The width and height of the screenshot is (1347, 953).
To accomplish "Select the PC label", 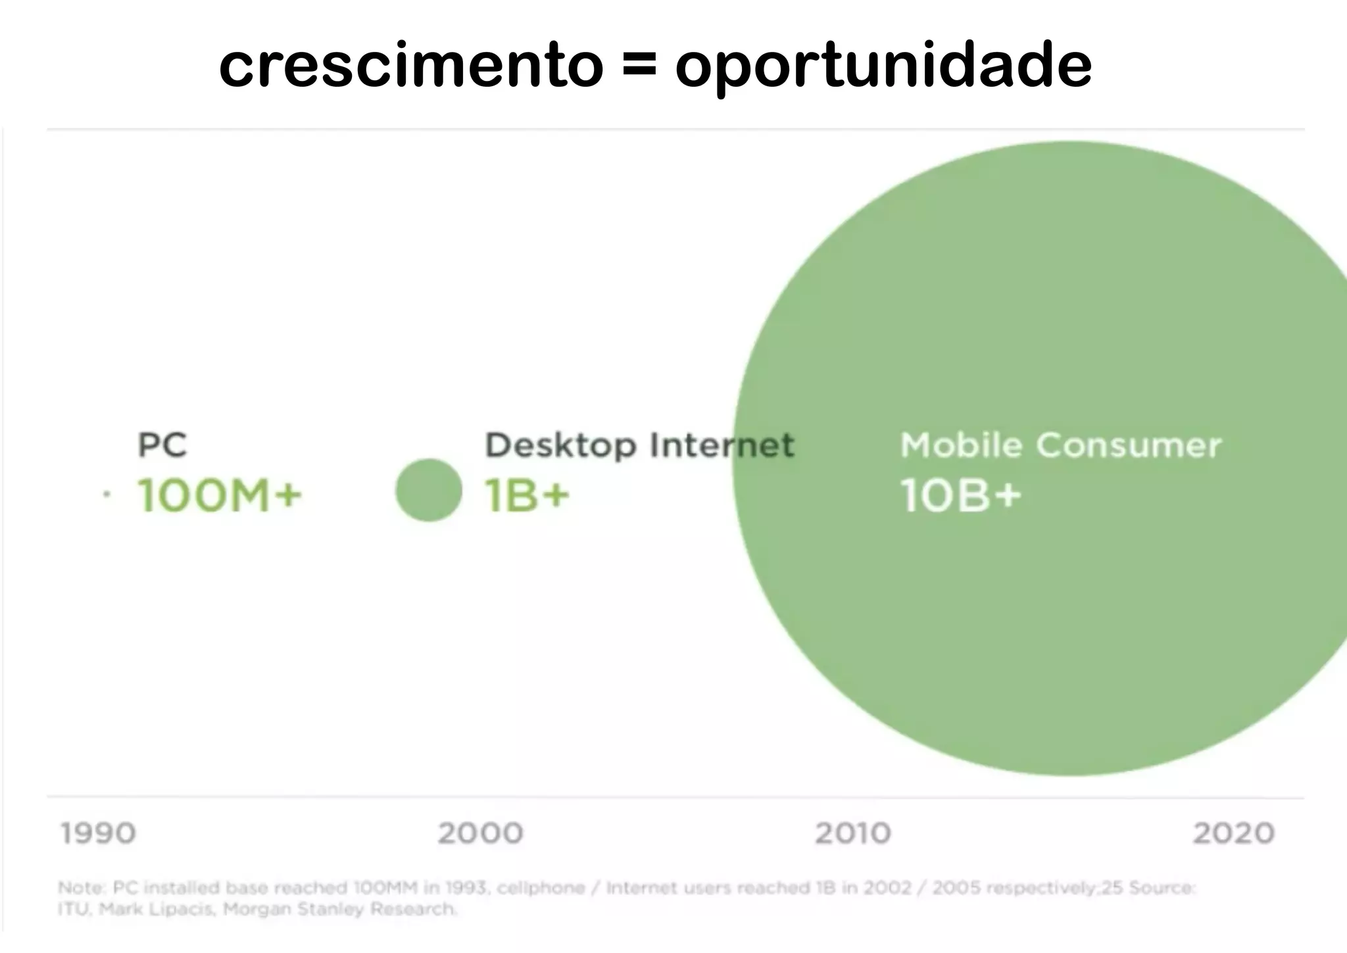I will tap(162, 445).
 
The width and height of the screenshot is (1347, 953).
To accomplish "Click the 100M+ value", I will tap(219, 495).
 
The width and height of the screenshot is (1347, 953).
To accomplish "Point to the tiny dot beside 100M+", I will tap(107, 494).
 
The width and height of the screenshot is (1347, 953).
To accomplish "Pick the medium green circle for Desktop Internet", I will tap(429, 490).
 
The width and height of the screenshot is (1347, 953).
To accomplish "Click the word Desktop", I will tap(560, 446).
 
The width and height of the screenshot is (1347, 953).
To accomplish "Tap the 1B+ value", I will tap(527, 495).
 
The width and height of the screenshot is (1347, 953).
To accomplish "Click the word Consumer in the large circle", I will tap(1129, 445).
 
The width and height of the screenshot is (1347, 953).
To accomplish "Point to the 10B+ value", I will tap(960, 495).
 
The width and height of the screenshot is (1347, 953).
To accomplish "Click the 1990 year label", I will tap(98, 833).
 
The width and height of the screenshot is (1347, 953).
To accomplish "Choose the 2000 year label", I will tap(480, 833).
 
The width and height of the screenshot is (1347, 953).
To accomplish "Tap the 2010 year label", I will tap(853, 833).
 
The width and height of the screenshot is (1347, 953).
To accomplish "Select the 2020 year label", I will tap(1234, 833).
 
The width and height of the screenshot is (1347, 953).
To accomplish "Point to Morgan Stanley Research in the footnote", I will tap(339, 910).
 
